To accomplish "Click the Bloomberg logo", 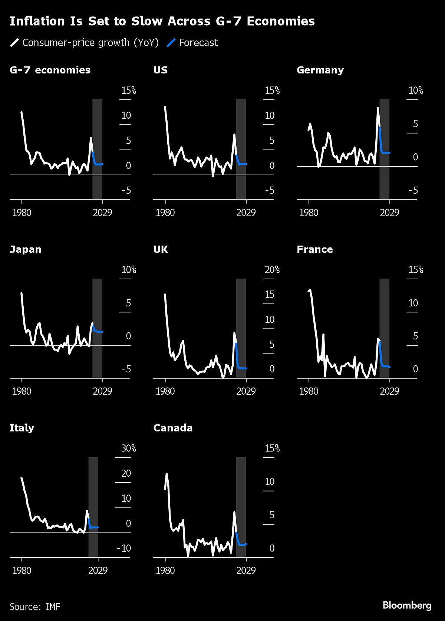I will click(x=407, y=605).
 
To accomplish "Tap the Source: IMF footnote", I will click(x=35, y=607).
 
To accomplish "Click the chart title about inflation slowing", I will click(x=162, y=21).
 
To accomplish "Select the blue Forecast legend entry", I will click(x=192, y=43).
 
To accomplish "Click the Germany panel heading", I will click(x=320, y=70).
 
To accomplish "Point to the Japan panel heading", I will click(x=26, y=249).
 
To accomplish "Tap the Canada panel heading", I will click(x=173, y=428).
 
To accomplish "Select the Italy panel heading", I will click(x=22, y=428).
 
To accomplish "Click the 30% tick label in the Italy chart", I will click(x=128, y=448).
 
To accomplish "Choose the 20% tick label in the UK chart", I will click(x=272, y=270).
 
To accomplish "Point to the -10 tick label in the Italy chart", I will click(x=124, y=548).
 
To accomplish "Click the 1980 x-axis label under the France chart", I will click(x=309, y=391).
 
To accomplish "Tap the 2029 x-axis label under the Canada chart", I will click(x=246, y=570).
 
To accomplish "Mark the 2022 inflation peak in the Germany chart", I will click(x=378, y=108).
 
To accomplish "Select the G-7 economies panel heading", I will click(x=50, y=70).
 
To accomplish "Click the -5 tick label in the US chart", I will click(x=270, y=190).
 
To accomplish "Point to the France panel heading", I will click(x=315, y=249).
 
